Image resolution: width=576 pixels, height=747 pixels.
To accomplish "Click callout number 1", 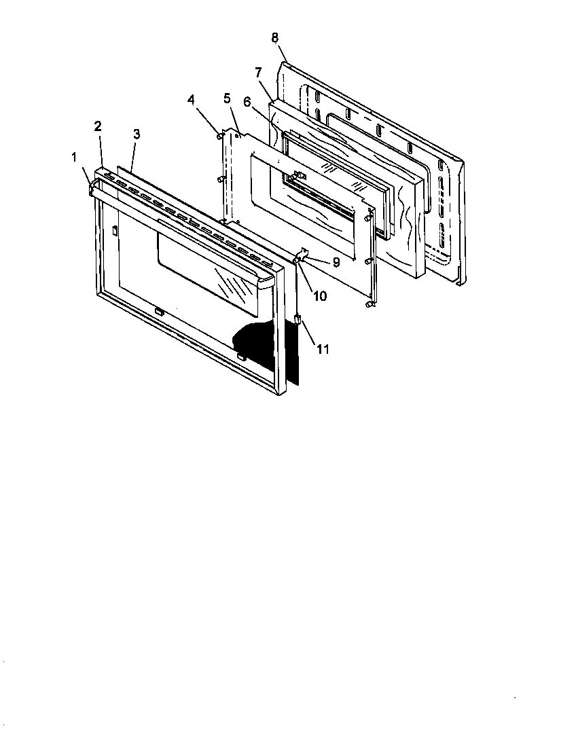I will pos(75,158).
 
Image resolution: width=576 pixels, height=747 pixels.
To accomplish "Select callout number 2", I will pos(98,126).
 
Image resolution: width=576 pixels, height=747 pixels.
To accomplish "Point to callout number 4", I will pos(192,99).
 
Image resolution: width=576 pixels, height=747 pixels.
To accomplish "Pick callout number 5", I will pos(227,98).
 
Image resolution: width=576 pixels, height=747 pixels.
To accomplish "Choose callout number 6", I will pos(247,101).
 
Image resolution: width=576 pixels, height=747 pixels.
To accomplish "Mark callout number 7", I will pos(257,72).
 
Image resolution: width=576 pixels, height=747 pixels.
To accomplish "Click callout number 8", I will pos(274,37).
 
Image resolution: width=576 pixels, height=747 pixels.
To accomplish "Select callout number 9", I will pos(336,261).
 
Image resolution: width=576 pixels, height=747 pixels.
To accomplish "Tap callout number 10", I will pos(319,296).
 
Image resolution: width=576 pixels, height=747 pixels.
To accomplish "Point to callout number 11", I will pos(323,349).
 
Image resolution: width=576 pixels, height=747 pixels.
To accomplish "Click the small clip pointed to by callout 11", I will pos(298,320).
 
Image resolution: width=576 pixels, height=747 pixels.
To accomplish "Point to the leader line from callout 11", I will pos(310,333).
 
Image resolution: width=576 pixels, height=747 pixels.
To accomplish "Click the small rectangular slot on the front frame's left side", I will pos(114,232).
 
